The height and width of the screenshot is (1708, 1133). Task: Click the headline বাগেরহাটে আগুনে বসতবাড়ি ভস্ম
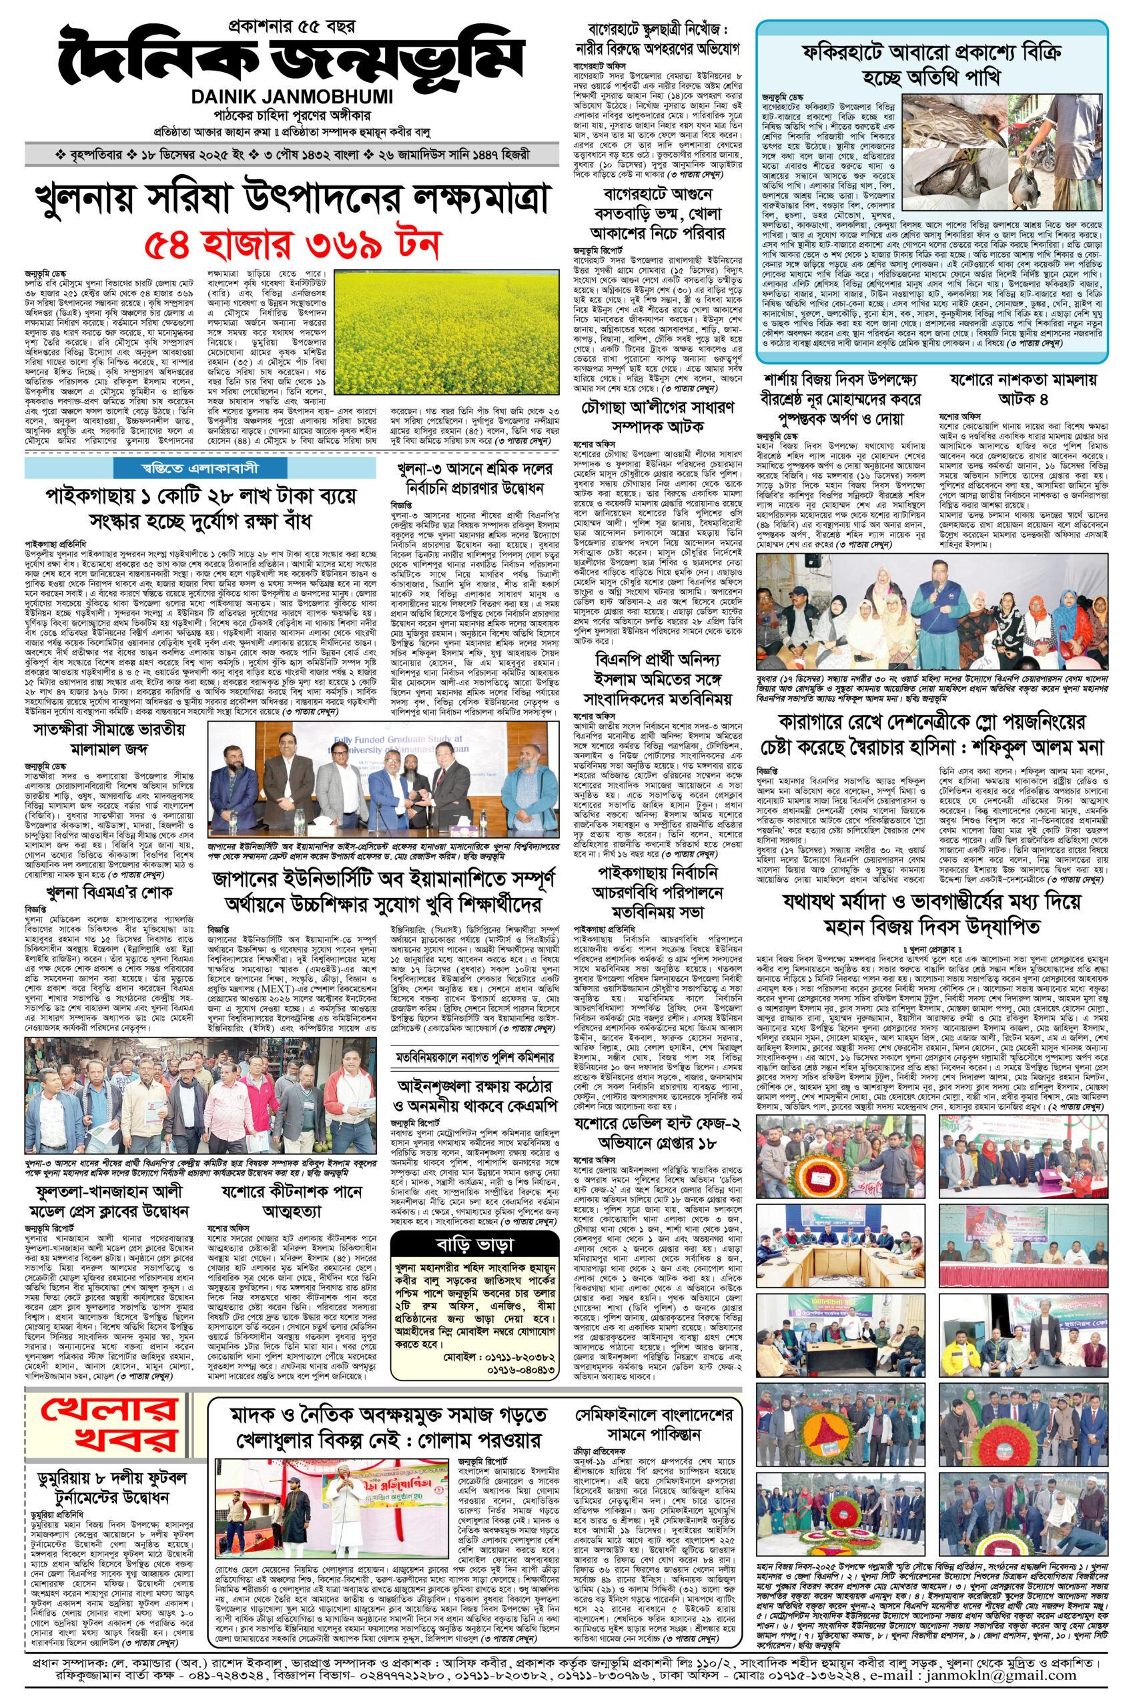657,214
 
